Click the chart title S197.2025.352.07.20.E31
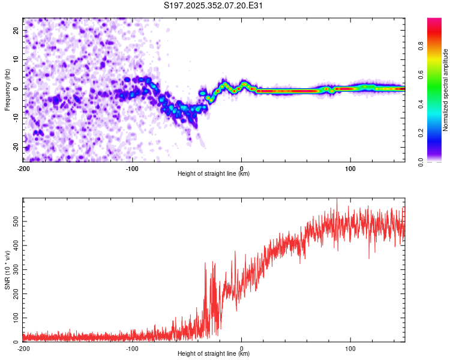click(x=214, y=5)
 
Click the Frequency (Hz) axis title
click(x=7, y=89)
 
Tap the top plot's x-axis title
click(x=214, y=174)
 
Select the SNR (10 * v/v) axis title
click(x=7, y=270)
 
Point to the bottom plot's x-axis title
click(x=214, y=354)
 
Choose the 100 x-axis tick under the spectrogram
click(x=350, y=167)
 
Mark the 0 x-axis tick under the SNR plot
click(x=241, y=348)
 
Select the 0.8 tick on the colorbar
click(x=421, y=45)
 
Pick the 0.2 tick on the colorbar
click(x=421, y=133)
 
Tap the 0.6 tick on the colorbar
click(x=421, y=74)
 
